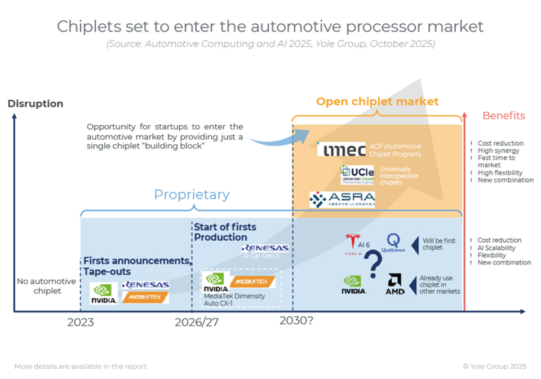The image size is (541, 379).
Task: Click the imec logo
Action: coord(341,149)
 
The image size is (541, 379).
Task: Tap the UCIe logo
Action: coord(357,174)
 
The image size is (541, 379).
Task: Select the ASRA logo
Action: coord(342,200)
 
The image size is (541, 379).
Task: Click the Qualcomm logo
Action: coord(393,243)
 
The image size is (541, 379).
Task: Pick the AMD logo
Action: coord(395,284)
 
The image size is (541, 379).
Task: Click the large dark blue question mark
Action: coord(373,264)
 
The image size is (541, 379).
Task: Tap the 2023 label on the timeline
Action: coord(81,323)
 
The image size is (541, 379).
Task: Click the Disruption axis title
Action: coord(35,104)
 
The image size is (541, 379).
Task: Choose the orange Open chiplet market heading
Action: coord(377,102)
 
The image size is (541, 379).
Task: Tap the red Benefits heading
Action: coord(503,116)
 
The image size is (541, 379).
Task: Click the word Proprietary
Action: coord(192,195)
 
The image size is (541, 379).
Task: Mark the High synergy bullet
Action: coord(498,151)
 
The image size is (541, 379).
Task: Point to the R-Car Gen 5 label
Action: coord(264,256)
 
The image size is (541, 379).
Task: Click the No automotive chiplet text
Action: coord(38,286)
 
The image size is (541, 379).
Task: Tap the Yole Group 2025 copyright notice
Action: coord(494,366)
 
